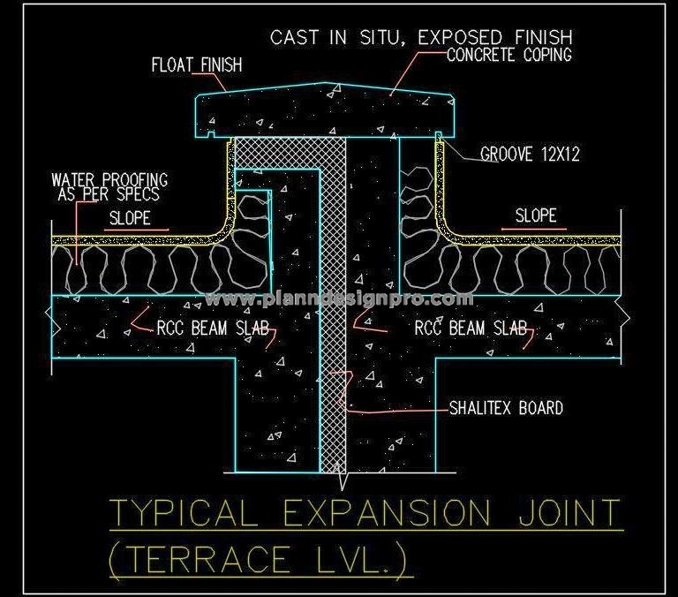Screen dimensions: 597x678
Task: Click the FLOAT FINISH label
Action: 196,65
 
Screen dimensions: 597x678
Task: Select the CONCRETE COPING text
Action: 509,55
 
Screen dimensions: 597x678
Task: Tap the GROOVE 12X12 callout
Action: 530,155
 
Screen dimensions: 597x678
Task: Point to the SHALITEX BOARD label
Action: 506,408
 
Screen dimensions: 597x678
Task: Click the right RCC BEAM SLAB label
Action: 471,329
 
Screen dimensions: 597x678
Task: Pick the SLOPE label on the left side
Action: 130,218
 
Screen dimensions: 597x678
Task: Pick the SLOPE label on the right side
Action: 535,215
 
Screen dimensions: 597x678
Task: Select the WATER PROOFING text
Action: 109,180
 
